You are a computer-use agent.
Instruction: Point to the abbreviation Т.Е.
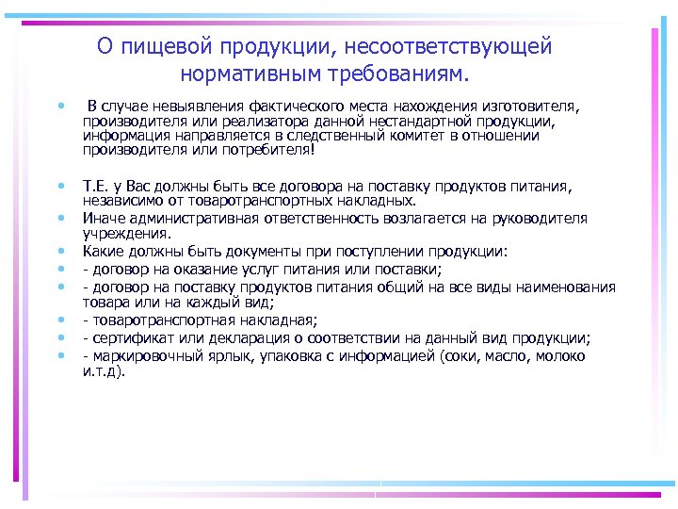[x=96, y=188]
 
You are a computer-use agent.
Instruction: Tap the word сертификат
[x=130, y=339]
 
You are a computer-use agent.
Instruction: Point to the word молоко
[x=562, y=356]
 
